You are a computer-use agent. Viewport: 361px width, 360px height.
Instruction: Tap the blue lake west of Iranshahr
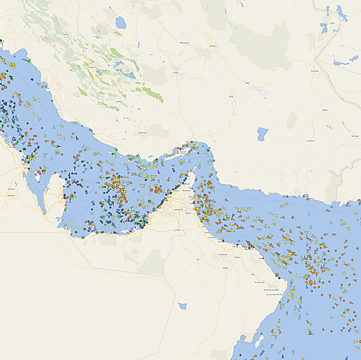(262, 134)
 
